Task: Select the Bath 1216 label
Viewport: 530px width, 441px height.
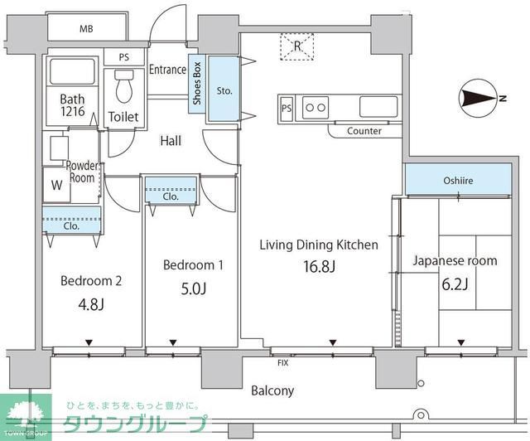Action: click(72, 104)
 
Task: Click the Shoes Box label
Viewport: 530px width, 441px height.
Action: click(197, 83)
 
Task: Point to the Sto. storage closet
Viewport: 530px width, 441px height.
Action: click(223, 90)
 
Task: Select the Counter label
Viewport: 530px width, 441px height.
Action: click(364, 131)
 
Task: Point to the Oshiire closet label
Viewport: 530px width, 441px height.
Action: click(458, 179)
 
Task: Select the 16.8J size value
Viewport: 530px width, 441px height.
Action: click(319, 267)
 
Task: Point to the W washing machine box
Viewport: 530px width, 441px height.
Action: click(56, 186)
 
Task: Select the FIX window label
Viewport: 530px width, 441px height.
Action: click(282, 362)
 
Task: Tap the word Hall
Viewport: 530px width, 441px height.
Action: click(171, 141)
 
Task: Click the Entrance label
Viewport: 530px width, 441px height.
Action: click(167, 70)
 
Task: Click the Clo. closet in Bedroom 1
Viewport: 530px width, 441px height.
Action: click(171, 197)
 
